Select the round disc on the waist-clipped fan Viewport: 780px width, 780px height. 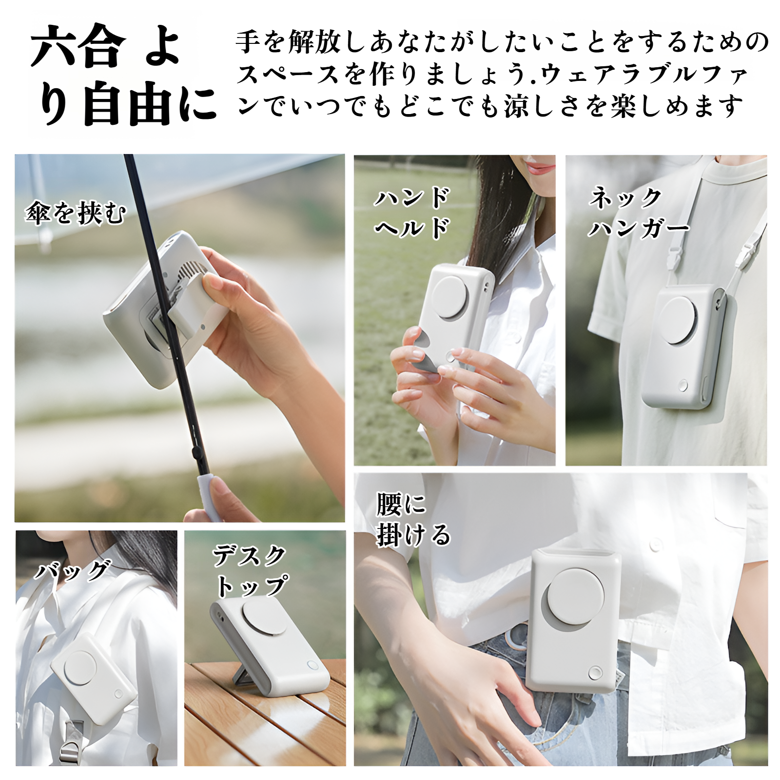pos(575,597)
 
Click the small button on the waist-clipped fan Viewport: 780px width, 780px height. pos(595,673)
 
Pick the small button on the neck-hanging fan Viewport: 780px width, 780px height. pos(682,386)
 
